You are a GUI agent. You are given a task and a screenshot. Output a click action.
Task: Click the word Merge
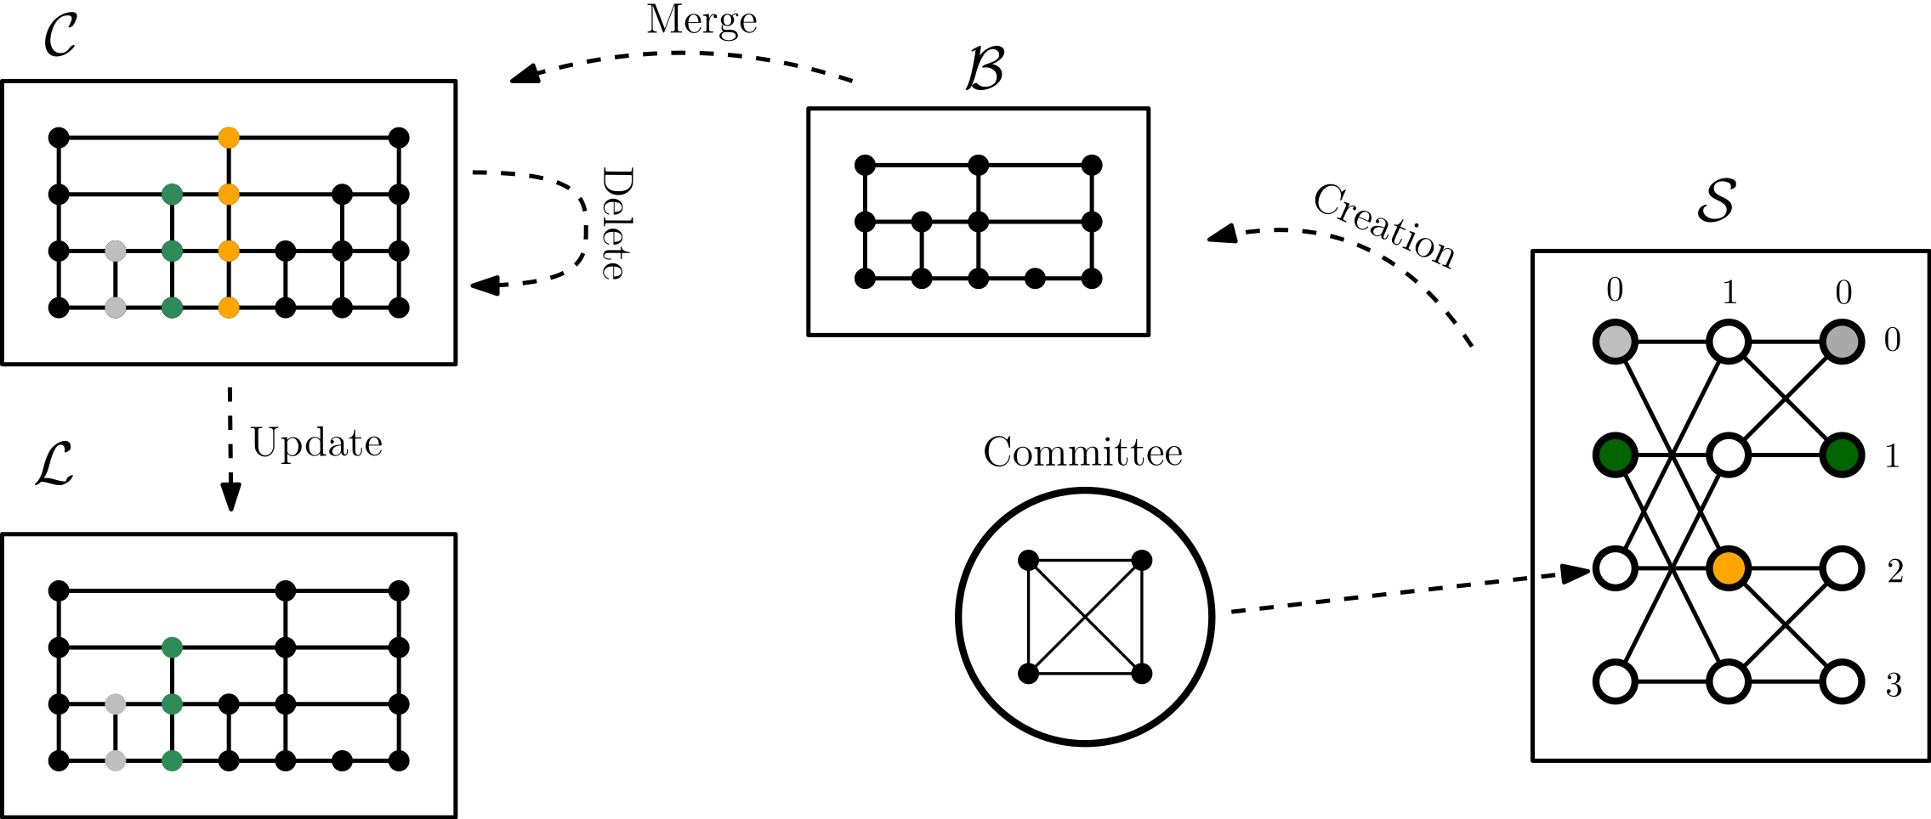[x=701, y=20]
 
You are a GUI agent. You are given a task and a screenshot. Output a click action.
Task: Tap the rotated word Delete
[x=617, y=223]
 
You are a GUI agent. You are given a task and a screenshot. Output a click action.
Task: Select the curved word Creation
[x=1385, y=225]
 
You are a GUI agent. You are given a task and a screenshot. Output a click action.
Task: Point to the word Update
[x=316, y=443]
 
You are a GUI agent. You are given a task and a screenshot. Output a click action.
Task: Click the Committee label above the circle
[x=1082, y=452]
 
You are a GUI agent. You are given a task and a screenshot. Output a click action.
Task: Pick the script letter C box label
[x=60, y=36]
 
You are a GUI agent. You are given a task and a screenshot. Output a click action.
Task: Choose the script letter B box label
[x=985, y=68]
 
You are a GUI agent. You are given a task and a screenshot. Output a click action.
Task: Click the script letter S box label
[x=1716, y=201]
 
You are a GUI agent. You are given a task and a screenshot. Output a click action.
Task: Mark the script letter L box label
[x=54, y=465]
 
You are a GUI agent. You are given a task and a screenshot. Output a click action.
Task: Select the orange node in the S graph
[x=1729, y=568]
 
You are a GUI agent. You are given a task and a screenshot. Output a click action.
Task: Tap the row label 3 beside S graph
[x=1894, y=685]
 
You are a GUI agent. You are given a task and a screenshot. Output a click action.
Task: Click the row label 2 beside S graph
[x=1894, y=571]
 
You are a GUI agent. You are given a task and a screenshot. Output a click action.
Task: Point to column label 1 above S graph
[x=1729, y=293]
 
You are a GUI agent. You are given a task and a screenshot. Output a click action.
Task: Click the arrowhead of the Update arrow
[x=230, y=498]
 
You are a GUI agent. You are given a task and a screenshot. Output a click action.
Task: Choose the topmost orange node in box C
[x=229, y=138]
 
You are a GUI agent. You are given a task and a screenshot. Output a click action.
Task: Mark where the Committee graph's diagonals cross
[x=1085, y=618]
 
